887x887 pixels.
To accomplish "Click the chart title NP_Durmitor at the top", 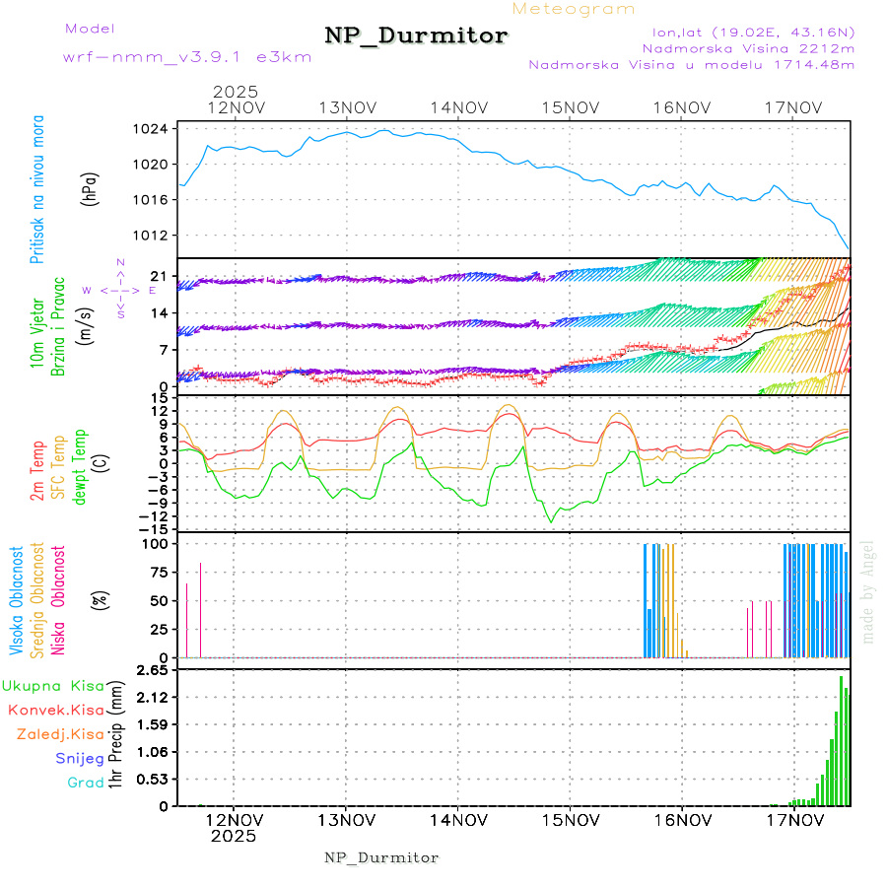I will click(x=416, y=36).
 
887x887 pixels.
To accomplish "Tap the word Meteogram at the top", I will click(x=574, y=9).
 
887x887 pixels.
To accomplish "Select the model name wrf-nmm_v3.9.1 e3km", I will click(x=187, y=57).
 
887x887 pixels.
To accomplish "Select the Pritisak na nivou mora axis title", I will click(x=36, y=189).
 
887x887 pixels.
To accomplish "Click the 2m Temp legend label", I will click(x=36, y=471).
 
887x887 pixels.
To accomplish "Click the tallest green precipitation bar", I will click(x=841, y=741).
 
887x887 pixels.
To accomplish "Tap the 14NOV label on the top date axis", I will click(x=459, y=107).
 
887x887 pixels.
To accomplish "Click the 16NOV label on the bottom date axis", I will click(x=683, y=820).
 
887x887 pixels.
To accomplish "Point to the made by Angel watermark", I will click(x=868, y=590).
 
